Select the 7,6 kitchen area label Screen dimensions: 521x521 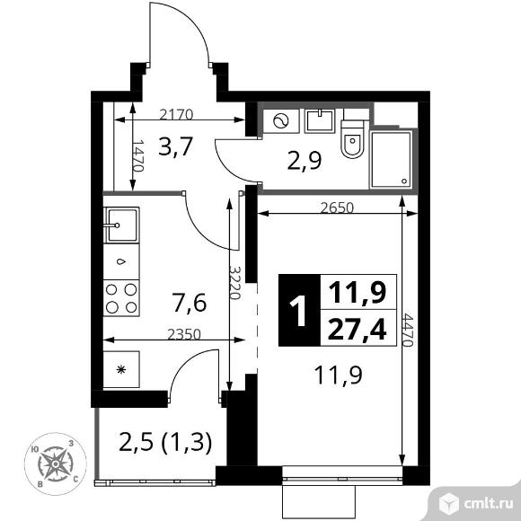[x=190, y=303]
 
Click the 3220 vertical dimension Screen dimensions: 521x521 [x=234, y=286]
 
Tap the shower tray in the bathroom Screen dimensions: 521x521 [x=393, y=159]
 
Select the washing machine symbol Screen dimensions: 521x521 [x=278, y=121]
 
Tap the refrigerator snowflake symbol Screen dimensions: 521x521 [x=119, y=369]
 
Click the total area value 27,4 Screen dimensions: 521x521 [x=357, y=330]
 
